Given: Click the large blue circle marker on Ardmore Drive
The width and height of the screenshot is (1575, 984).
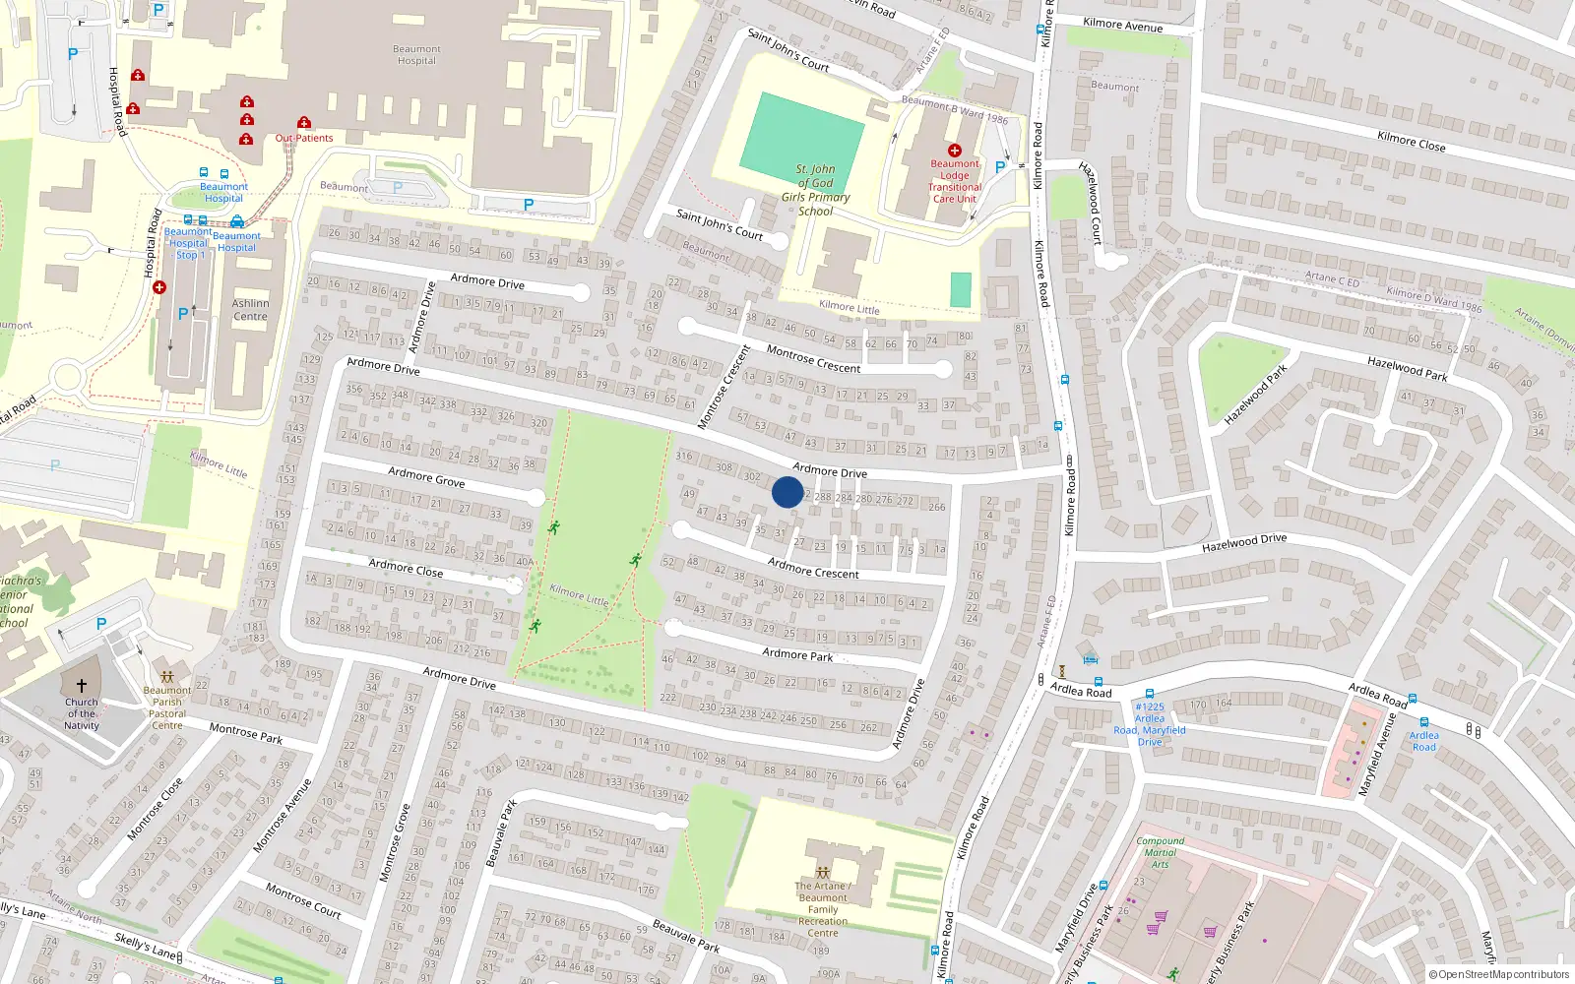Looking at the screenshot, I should click(x=787, y=492).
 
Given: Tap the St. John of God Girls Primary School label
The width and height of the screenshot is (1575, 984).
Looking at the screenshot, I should click(x=816, y=190).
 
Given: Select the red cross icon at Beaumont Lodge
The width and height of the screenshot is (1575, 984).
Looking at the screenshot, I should click(x=954, y=151).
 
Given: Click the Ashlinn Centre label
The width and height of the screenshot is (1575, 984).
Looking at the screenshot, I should click(x=250, y=310).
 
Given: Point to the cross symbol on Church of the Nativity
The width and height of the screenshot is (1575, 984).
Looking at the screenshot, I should click(x=82, y=685).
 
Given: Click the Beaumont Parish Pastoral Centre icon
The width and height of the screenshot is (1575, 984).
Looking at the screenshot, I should click(x=167, y=677).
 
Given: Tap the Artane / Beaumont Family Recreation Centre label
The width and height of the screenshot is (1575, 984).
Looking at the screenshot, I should click(x=823, y=909).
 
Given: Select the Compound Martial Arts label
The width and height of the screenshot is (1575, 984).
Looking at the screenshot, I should click(x=1161, y=852).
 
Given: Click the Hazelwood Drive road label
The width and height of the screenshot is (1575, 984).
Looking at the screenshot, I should click(x=1244, y=542).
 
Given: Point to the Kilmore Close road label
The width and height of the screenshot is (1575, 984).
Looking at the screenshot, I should click(x=1411, y=142).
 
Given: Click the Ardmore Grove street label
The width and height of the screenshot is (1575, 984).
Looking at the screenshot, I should click(x=426, y=477).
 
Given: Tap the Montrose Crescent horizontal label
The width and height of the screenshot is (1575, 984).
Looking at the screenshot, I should click(x=813, y=360).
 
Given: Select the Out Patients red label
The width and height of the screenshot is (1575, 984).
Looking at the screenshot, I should click(x=304, y=138).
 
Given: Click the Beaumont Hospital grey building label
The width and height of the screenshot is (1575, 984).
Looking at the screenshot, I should click(x=416, y=55).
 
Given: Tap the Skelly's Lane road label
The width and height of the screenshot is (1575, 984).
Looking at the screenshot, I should click(x=145, y=947).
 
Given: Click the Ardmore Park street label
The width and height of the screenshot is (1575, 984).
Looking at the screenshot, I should click(x=797, y=654).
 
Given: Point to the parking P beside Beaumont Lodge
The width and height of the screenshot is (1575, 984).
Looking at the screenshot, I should click(x=1000, y=167).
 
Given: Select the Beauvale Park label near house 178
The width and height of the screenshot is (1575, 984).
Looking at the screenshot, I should click(x=686, y=936).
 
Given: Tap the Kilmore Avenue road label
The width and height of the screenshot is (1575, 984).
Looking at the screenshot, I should click(x=1122, y=25).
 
